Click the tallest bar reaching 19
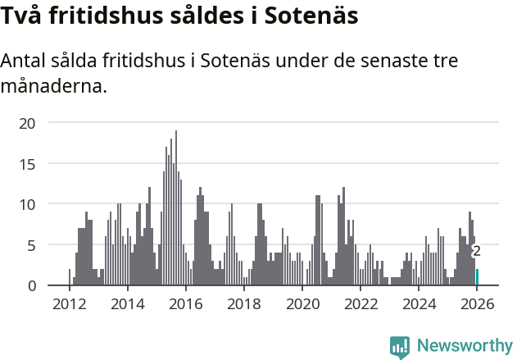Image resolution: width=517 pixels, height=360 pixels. tap(175, 209)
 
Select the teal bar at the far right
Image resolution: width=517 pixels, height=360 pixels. tap(478, 277)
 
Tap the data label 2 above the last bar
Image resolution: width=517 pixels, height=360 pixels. tap(476, 251)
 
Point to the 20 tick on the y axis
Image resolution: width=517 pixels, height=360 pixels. tap(28, 123)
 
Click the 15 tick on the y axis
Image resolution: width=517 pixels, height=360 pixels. tap(28, 163)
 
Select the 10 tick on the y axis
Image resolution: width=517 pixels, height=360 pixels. tap(28, 204)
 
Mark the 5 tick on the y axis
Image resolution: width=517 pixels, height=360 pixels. tap(31, 244)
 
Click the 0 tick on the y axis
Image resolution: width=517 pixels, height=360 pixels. tap(31, 285)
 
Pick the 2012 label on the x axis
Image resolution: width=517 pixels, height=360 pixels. tap(69, 304)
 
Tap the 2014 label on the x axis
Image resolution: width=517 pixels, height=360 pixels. tap(127, 304)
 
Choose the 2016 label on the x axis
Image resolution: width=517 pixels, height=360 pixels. tap(185, 304)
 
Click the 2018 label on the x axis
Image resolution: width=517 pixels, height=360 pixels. tap(243, 304)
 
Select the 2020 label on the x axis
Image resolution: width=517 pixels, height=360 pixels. tap(302, 304)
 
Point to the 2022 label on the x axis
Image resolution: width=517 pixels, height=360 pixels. tap(361, 304)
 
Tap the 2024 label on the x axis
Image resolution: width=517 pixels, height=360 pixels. tap(419, 304)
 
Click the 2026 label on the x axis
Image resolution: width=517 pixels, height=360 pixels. tap(477, 304)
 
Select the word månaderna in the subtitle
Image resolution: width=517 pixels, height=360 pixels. tap(54, 86)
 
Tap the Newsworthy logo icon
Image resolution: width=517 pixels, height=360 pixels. tap(400, 346)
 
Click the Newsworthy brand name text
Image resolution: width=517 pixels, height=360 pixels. tap(465, 346)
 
